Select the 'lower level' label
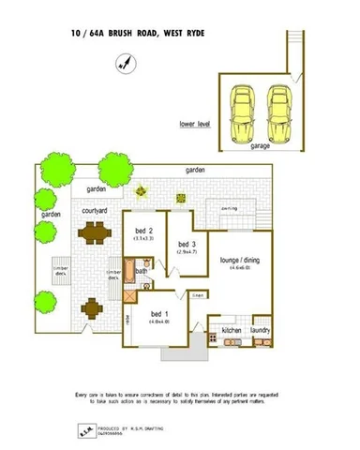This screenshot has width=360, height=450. (x=196, y=123)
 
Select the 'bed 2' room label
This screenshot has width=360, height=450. (x=144, y=230)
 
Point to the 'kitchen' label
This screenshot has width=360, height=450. (x=232, y=330)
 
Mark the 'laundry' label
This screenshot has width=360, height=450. (x=261, y=330)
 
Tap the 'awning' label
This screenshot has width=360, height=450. (x=228, y=208)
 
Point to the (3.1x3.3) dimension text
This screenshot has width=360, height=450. (x=144, y=239)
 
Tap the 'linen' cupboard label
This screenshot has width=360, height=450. (x=198, y=295)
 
